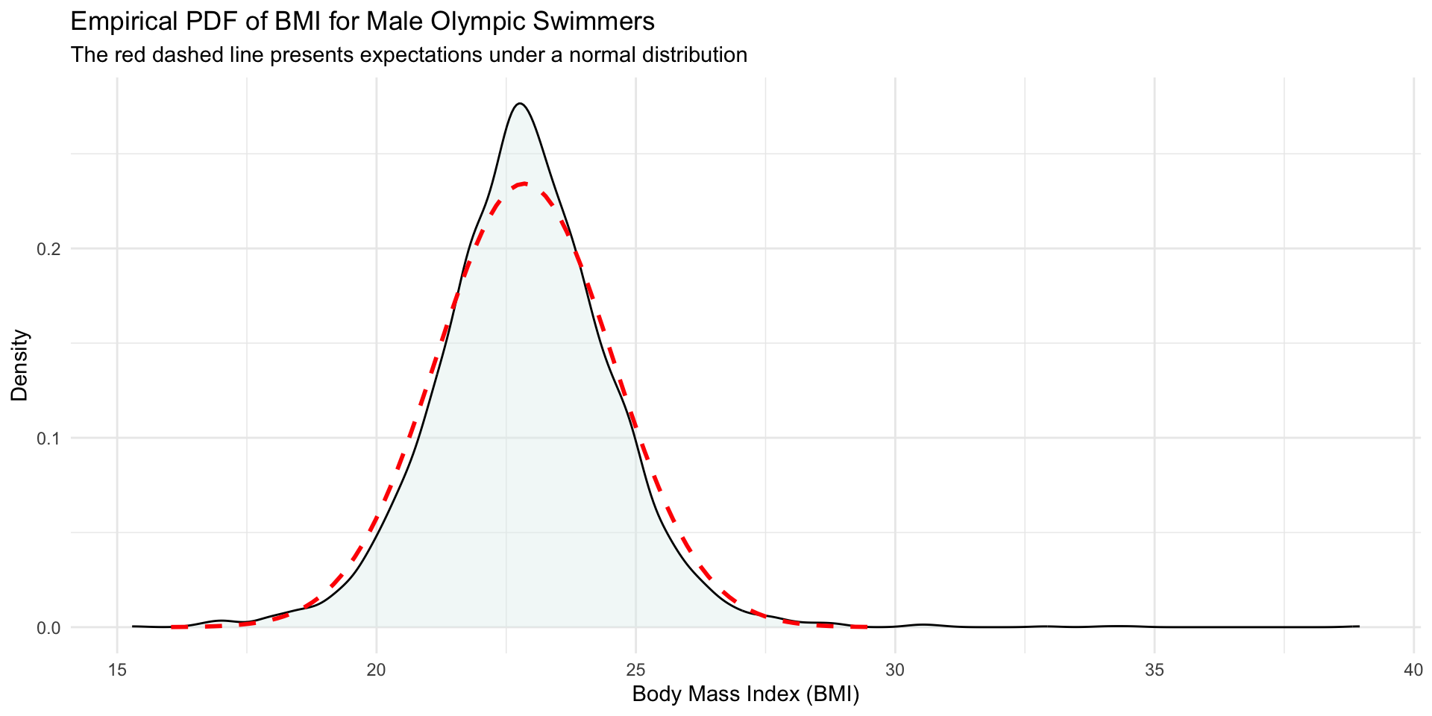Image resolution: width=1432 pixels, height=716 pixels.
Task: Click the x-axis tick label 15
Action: (x=117, y=670)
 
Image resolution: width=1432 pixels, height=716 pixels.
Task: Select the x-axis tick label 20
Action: (x=376, y=670)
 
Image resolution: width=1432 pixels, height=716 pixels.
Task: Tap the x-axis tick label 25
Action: (x=635, y=670)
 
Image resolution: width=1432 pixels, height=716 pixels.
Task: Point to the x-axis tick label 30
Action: (x=895, y=670)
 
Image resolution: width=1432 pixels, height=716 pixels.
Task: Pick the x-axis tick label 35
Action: (x=1154, y=670)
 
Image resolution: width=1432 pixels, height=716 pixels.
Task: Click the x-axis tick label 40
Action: (x=1413, y=670)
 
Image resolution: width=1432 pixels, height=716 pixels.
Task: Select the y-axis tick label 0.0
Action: (x=48, y=628)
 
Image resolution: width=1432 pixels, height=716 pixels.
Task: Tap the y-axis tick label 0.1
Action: (x=48, y=439)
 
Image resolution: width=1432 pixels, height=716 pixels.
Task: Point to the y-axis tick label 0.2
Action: (x=48, y=249)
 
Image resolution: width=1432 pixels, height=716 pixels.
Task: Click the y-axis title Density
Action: (x=20, y=365)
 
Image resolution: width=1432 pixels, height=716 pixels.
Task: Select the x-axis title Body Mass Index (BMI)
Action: (x=745, y=695)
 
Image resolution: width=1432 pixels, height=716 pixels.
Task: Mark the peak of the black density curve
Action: (x=520, y=104)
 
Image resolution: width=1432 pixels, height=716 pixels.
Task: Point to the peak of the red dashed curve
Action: (x=524, y=183)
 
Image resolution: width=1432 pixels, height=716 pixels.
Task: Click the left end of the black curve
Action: (x=133, y=626)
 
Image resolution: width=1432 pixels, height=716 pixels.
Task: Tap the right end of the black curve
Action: (x=1359, y=626)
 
